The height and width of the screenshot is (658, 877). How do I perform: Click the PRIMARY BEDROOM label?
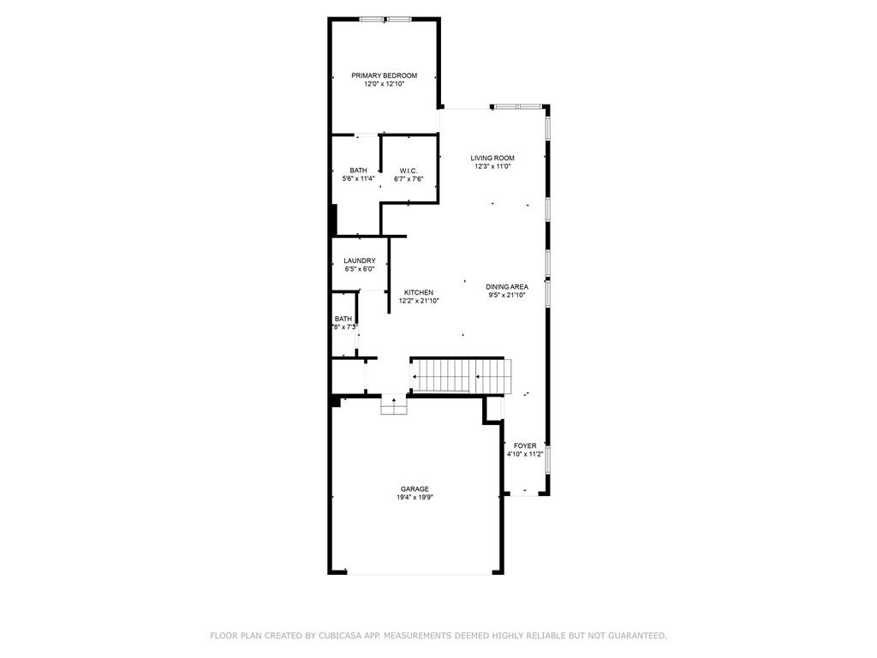click(x=384, y=75)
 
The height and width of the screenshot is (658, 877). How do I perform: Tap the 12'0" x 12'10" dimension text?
click(x=384, y=84)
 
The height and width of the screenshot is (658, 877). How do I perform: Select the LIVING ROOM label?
click(x=492, y=158)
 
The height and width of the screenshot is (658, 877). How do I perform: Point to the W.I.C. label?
click(x=409, y=170)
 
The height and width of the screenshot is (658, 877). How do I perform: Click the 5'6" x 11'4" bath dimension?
click(x=358, y=179)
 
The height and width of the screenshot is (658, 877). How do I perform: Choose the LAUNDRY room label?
click(x=359, y=260)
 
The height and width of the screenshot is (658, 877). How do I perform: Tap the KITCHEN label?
click(x=418, y=293)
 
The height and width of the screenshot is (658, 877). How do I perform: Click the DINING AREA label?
click(x=507, y=287)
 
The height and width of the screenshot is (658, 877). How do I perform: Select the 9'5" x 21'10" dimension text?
click(x=507, y=296)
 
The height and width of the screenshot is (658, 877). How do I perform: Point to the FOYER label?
click(x=525, y=446)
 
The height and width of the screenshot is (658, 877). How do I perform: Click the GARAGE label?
click(x=415, y=489)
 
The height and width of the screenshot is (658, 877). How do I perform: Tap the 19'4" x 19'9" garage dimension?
click(x=415, y=498)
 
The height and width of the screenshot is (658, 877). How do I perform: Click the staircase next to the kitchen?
click(x=462, y=376)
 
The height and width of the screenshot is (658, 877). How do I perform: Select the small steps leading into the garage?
click(x=394, y=404)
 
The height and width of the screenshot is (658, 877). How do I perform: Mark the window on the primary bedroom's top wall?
click(x=385, y=20)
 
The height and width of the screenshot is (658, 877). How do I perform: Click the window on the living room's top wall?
click(x=516, y=106)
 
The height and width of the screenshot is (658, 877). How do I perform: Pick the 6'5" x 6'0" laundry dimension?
click(x=359, y=269)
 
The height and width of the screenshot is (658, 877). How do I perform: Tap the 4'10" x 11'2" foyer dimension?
click(x=525, y=454)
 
